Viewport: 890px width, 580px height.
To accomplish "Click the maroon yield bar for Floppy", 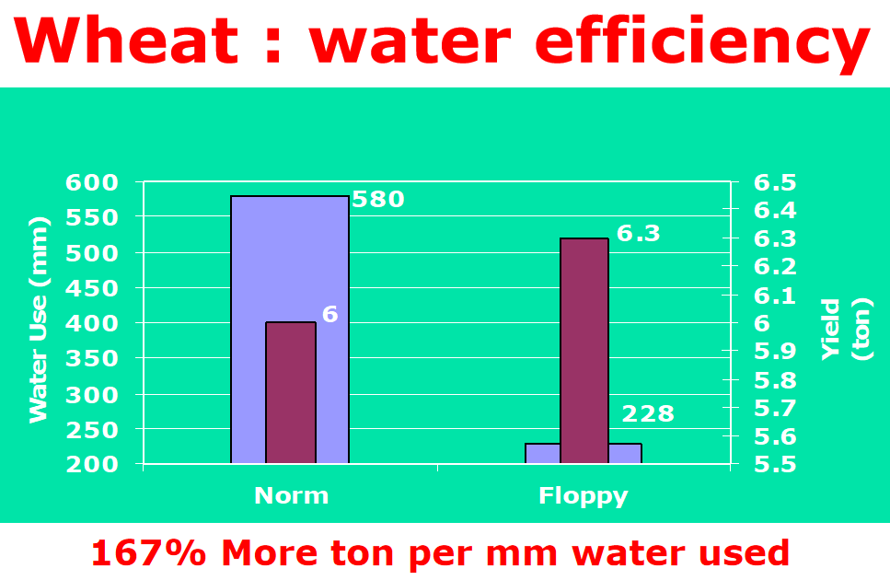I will tap(584, 350).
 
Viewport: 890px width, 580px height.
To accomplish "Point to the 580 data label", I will tap(378, 200).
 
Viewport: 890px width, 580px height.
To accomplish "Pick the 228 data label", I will tap(648, 414).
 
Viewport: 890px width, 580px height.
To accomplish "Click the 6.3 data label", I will tap(639, 234).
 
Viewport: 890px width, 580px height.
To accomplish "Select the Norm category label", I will tap(291, 496).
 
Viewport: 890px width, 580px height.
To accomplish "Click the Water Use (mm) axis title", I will tap(38, 319).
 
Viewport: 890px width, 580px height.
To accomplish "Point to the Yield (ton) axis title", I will tap(846, 329).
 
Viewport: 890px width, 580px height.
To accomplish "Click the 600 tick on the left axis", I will tap(93, 182).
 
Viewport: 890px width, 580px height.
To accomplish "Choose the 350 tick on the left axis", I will tap(93, 359).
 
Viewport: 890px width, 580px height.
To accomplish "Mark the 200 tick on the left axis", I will tap(93, 464).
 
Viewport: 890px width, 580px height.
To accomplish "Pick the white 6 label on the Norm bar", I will tap(330, 315).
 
